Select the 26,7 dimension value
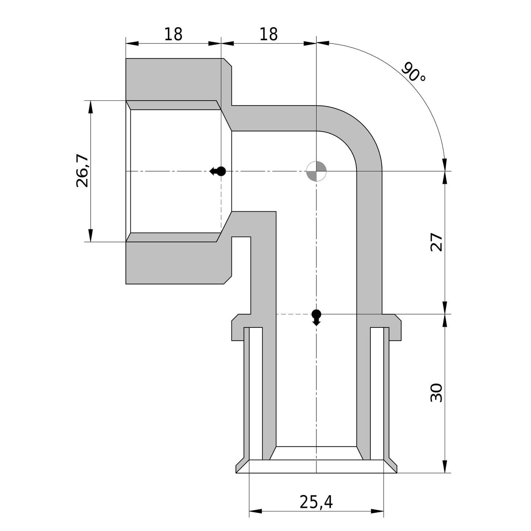tap(83, 171)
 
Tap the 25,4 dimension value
tap(316, 502)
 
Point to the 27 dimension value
tap(437, 242)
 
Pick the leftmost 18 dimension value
tap(173, 35)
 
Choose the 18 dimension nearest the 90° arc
tap(269, 35)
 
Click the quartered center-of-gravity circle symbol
tap(316, 171)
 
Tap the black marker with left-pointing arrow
tap(218, 171)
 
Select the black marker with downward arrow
tap(316, 316)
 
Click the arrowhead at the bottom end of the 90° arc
tap(444, 165)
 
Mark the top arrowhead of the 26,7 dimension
tap(90, 107)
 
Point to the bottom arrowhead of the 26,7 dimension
tap(90, 236)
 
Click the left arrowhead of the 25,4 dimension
tap(255, 511)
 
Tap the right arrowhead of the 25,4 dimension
tap(377, 511)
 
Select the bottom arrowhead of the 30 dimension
tap(445, 467)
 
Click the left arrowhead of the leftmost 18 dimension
tap(132, 43)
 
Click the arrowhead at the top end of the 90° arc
tap(323, 43)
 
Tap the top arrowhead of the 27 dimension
tap(445, 178)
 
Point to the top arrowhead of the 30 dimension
tap(445, 321)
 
